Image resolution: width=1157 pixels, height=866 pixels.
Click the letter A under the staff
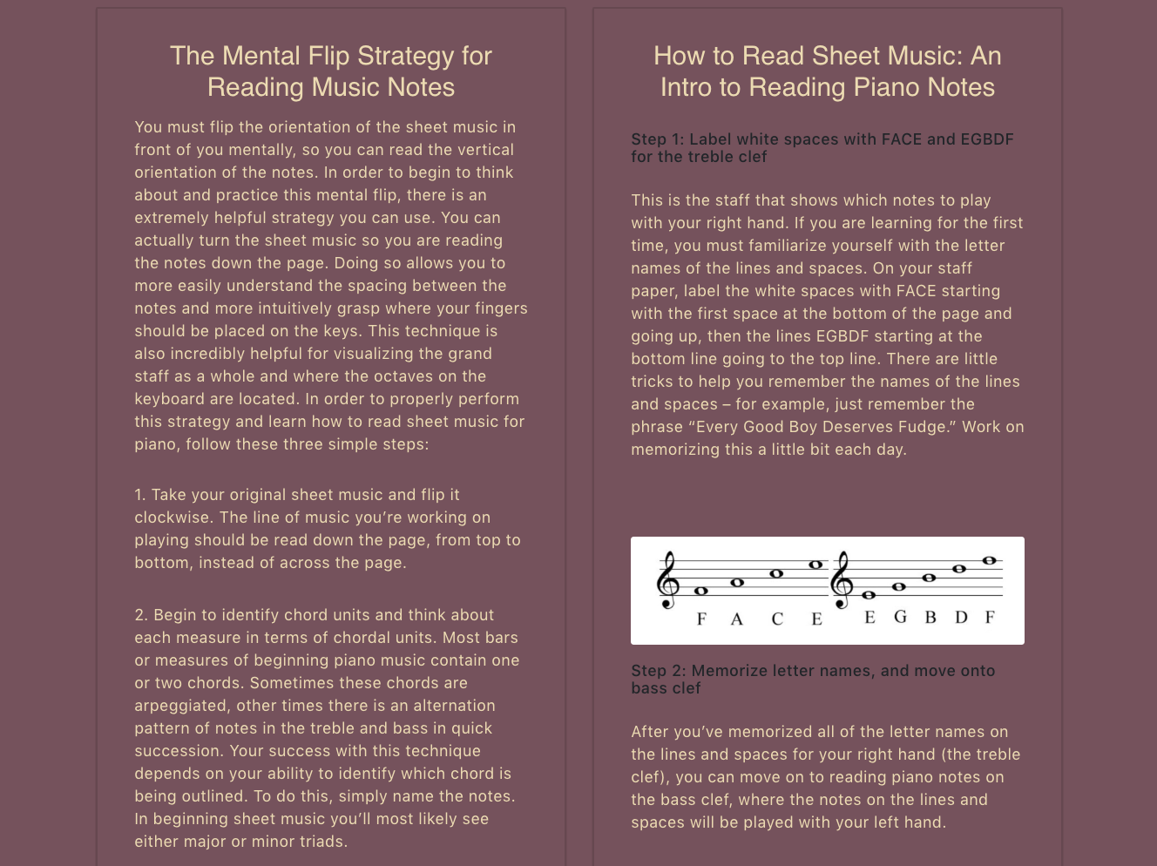(736, 619)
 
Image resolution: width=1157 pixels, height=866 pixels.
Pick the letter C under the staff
(777, 619)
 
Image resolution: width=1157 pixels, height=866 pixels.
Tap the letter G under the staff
(900, 616)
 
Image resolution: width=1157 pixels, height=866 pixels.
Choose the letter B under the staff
(930, 617)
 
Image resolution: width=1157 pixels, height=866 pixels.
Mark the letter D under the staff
(961, 617)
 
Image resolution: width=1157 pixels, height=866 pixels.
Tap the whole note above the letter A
(737, 583)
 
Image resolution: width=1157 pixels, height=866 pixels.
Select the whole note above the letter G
(899, 586)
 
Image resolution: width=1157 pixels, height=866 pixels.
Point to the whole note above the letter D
(959, 569)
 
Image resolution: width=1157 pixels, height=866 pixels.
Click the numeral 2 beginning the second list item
(139, 615)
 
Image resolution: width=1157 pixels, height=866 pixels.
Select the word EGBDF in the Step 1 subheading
(987, 139)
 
